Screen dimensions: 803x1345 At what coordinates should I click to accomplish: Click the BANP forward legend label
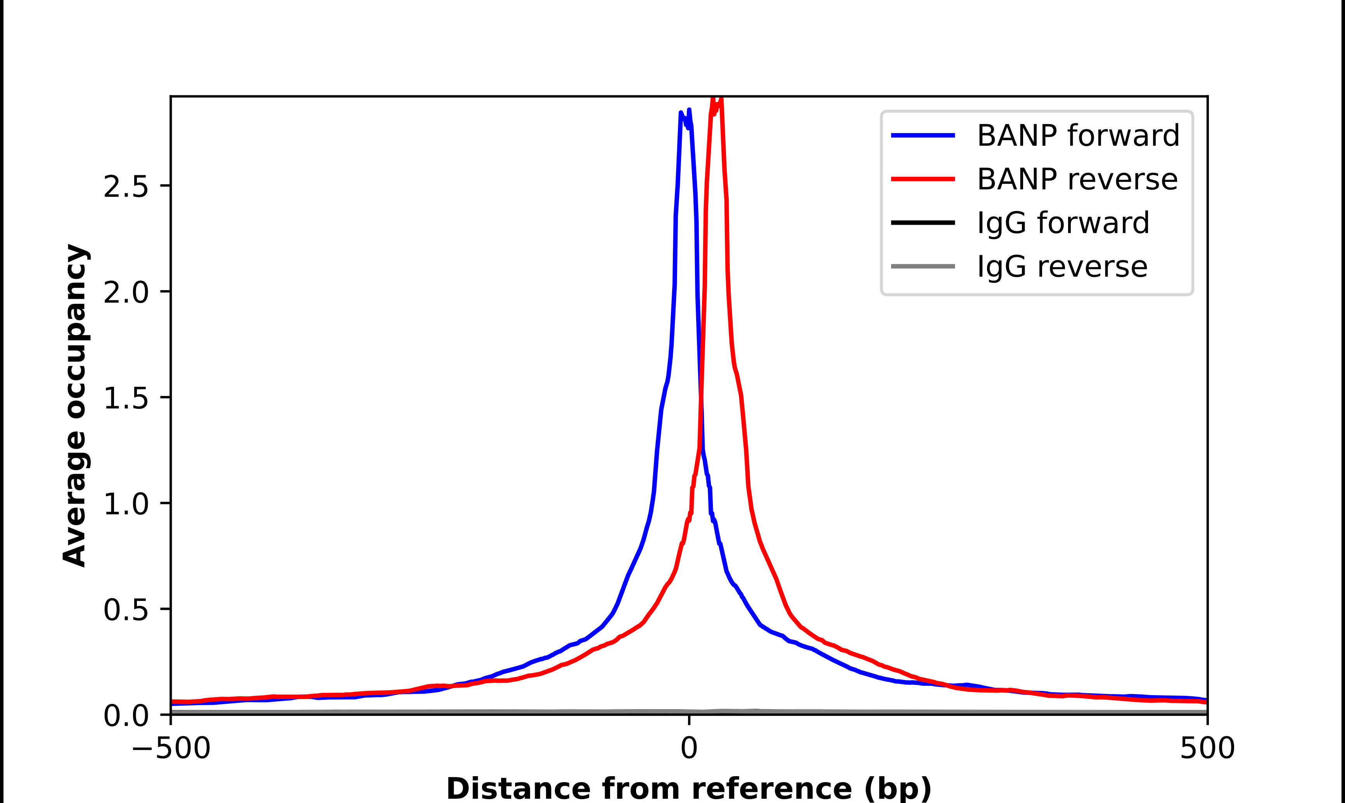[1078, 135]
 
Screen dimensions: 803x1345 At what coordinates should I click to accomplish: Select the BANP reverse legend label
[1077, 179]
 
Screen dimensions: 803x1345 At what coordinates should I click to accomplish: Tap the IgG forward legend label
[1063, 223]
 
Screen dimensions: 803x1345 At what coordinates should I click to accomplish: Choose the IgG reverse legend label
[1061, 267]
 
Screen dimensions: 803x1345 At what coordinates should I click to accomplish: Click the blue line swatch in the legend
[923, 135]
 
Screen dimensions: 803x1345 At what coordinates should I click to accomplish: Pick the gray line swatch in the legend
[923, 266]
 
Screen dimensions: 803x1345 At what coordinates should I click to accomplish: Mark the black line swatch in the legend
[923, 222]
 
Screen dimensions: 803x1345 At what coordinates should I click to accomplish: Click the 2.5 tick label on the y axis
[126, 187]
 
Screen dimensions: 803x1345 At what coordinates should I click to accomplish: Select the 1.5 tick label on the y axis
[126, 398]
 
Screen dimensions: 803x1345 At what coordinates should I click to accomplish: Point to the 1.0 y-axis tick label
[126, 504]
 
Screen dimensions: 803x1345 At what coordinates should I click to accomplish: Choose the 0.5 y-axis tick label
[126, 610]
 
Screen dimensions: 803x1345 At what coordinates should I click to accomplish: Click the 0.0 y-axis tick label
[126, 715]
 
